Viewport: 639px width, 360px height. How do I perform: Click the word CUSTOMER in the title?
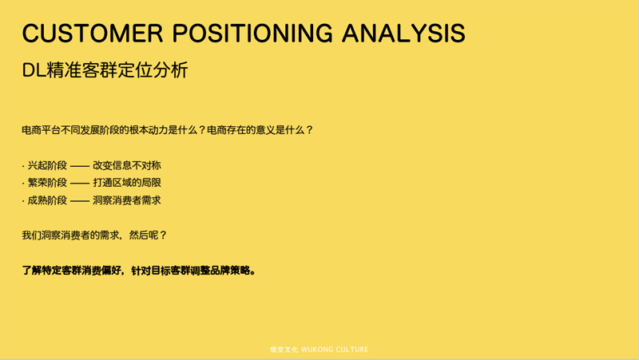pyautogui.click(x=93, y=33)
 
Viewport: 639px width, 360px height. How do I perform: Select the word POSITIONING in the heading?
pyautogui.click(x=252, y=33)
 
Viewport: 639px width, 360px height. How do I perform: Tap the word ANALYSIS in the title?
pyautogui.click(x=403, y=33)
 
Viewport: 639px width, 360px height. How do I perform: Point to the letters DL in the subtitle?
pyautogui.click(x=34, y=70)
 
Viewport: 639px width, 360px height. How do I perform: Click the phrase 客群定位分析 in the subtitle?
pyautogui.click(x=135, y=70)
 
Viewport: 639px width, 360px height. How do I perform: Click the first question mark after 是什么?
pyautogui.click(x=201, y=130)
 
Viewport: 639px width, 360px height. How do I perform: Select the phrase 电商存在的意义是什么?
pyautogui.click(x=255, y=130)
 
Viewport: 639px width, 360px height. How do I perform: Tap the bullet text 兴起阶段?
pyautogui.click(x=47, y=165)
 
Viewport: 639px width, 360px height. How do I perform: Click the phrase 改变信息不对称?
pyautogui.click(x=127, y=165)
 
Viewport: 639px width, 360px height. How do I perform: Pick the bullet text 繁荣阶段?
pyautogui.click(x=47, y=183)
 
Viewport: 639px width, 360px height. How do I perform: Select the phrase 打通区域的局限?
pyautogui.click(x=127, y=183)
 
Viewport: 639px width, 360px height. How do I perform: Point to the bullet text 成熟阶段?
pyautogui.click(x=47, y=200)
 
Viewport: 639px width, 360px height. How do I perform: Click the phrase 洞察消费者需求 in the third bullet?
pyautogui.click(x=127, y=200)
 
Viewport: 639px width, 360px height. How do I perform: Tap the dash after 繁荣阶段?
pyautogui.click(x=80, y=184)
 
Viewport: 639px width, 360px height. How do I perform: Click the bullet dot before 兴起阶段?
pyautogui.click(x=23, y=166)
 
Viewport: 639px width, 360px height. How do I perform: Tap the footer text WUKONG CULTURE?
pyautogui.click(x=335, y=350)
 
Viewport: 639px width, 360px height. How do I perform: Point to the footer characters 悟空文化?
pyautogui.click(x=284, y=350)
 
